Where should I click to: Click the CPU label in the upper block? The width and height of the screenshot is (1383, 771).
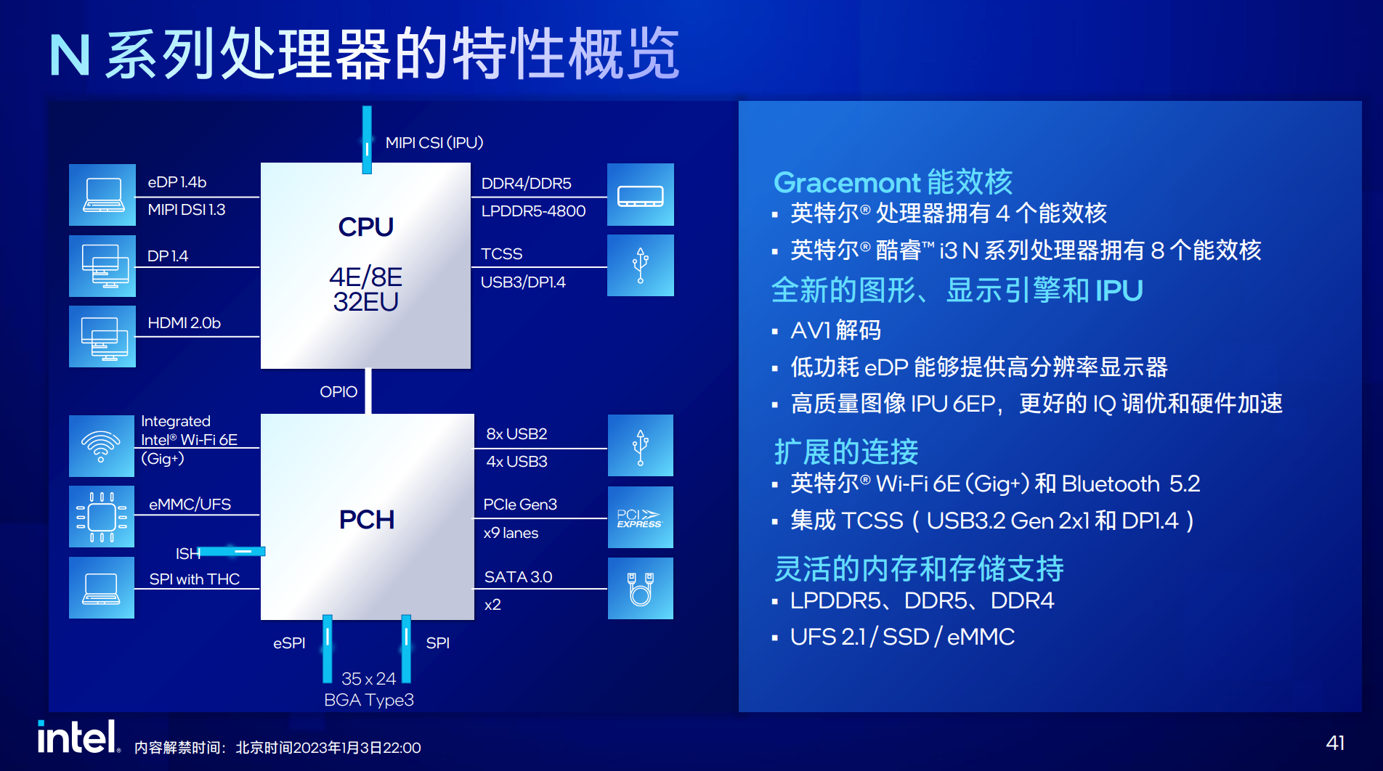[x=365, y=227]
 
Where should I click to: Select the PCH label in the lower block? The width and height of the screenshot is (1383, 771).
[x=366, y=520]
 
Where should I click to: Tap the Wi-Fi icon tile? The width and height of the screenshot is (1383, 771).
[x=102, y=445]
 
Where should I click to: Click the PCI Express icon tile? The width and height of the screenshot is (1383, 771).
[x=640, y=517]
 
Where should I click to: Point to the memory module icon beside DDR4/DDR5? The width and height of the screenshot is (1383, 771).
[x=640, y=195]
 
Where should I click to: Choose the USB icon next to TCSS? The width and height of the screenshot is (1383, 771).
[x=640, y=265]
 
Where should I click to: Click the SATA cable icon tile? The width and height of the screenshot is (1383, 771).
[x=640, y=588]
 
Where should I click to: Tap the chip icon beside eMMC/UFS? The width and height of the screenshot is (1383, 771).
[x=102, y=516]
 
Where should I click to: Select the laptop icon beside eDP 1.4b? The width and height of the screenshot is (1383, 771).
[x=102, y=195]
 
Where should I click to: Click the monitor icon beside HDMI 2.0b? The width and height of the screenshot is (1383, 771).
[x=102, y=336]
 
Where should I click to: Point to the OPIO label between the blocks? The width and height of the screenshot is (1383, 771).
[x=338, y=392]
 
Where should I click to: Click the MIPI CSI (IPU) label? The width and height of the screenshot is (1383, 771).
[x=434, y=143]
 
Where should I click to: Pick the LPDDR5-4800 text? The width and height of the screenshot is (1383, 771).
[x=533, y=211]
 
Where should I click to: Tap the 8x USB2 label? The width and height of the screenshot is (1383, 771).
[x=516, y=434]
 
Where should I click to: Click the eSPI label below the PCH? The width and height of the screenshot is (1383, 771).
[x=289, y=643]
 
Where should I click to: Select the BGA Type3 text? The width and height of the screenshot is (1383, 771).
[x=369, y=700]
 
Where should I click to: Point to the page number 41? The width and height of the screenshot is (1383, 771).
[x=1335, y=743]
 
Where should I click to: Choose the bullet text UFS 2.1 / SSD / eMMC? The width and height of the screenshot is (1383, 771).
[x=902, y=637]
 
